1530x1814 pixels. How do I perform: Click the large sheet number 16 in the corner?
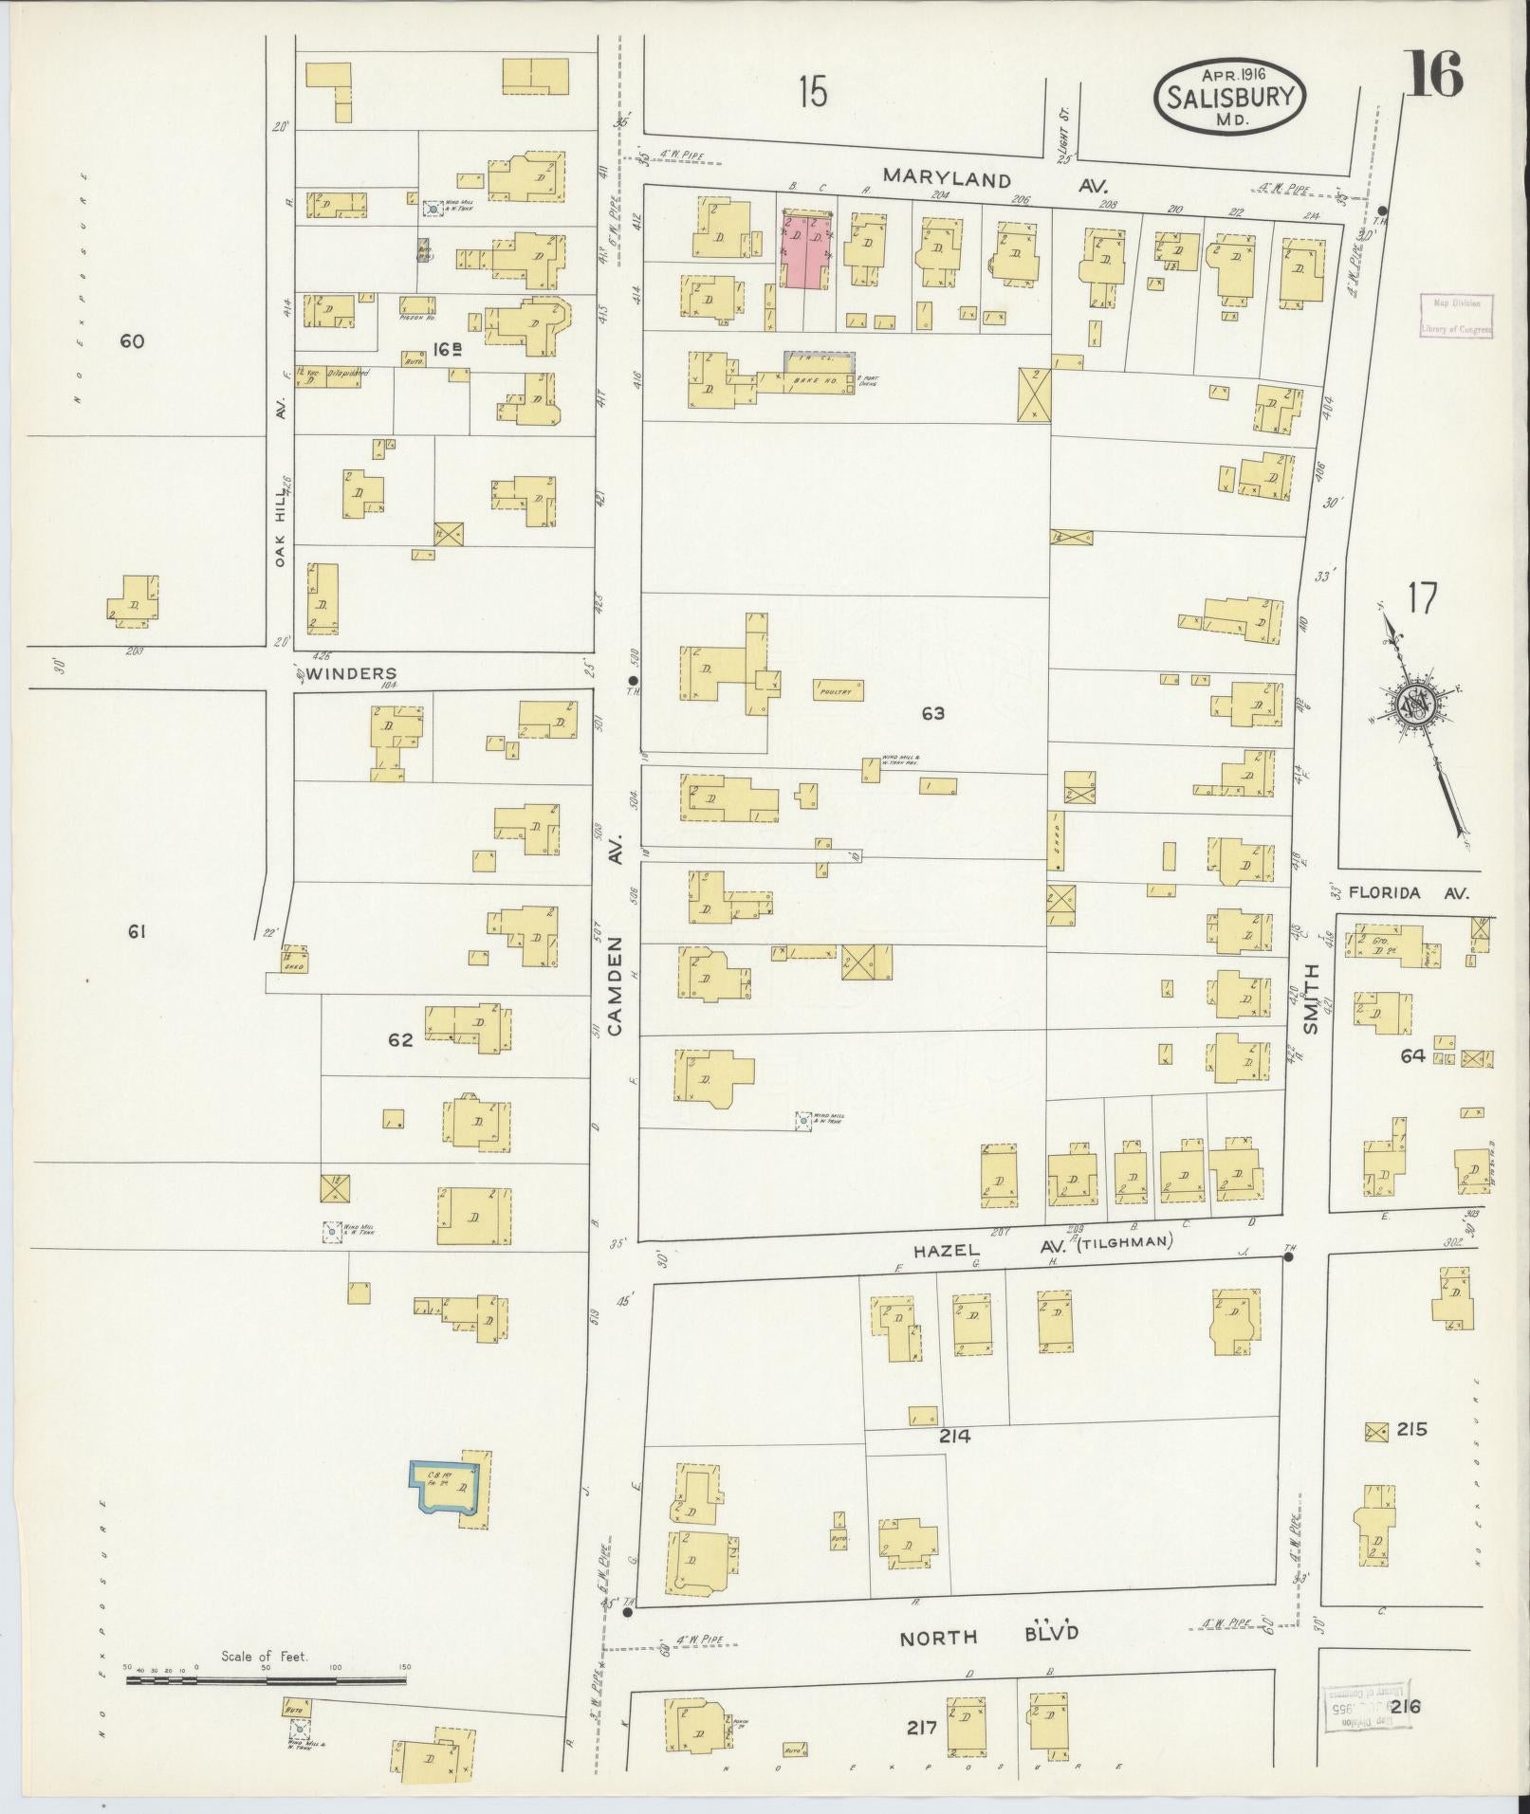pyautogui.click(x=1434, y=74)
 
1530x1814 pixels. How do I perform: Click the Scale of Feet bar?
pyautogui.click(x=267, y=1679)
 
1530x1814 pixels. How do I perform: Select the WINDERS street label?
pyautogui.click(x=351, y=674)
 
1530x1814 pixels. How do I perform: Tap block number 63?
pyautogui.click(x=932, y=713)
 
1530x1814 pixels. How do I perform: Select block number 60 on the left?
pyautogui.click(x=132, y=340)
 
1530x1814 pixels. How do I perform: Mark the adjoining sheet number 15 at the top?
pyautogui.click(x=812, y=93)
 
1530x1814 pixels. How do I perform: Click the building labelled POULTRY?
pyautogui.click(x=839, y=690)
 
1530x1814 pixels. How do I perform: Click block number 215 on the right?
pyautogui.click(x=1411, y=1456)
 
